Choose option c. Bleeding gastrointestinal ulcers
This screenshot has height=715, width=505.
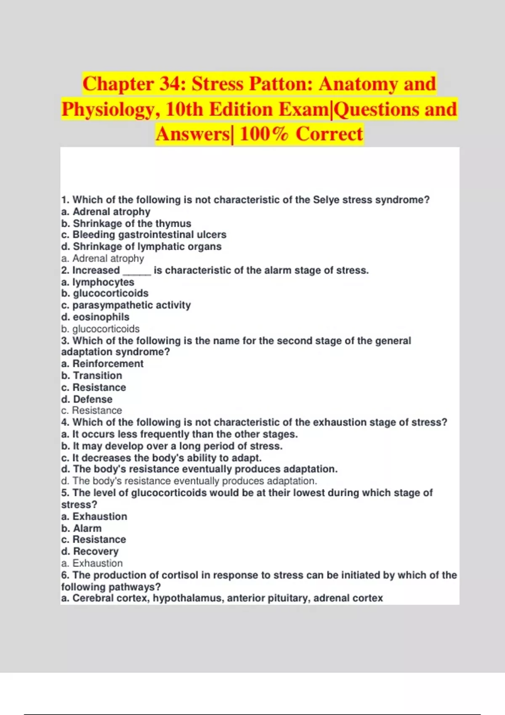(144, 235)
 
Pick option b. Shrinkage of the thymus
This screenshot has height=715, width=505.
(126, 223)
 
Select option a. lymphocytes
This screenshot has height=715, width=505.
(98, 282)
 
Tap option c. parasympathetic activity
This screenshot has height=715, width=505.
(126, 305)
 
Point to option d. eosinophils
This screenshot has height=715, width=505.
(95, 317)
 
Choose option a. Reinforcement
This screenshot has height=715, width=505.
(102, 364)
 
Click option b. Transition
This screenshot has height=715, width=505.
(92, 376)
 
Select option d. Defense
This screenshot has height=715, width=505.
(87, 399)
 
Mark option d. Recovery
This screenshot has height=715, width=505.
(90, 551)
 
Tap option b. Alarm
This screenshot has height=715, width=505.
(81, 528)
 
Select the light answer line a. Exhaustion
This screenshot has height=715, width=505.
(92, 563)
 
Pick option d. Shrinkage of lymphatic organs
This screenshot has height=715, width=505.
(141, 246)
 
